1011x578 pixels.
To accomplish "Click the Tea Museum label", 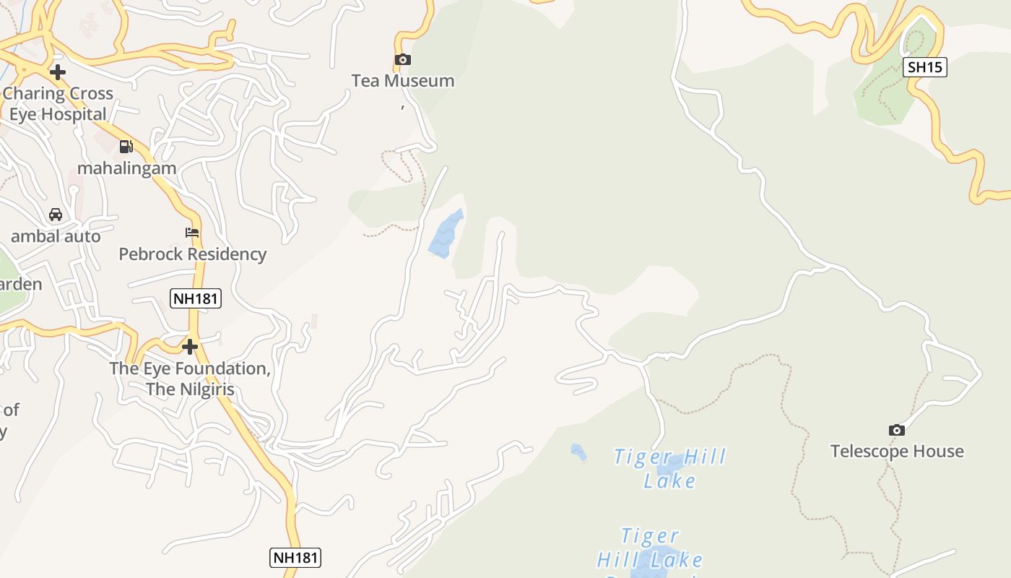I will pyautogui.click(x=403, y=81).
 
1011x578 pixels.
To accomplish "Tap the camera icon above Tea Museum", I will pyautogui.click(x=402, y=60).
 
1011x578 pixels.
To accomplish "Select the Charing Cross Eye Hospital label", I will pyautogui.click(x=58, y=104).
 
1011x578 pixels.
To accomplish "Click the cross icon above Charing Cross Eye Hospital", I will pyautogui.click(x=58, y=72).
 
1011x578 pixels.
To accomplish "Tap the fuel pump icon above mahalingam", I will pyautogui.click(x=126, y=147).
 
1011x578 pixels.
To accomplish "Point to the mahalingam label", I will pyautogui.click(x=126, y=168).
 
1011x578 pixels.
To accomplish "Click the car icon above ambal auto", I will pyautogui.click(x=56, y=215).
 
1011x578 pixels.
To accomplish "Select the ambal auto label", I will pyautogui.click(x=56, y=236).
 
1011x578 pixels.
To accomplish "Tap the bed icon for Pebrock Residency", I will pyautogui.click(x=192, y=233).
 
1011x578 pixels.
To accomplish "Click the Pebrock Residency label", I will pyautogui.click(x=192, y=254).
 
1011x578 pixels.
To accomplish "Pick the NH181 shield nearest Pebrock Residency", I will pyautogui.click(x=195, y=298).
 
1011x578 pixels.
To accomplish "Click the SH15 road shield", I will pyautogui.click(x=925, y=68).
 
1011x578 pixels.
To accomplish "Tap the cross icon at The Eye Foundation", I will pyautogui.click(x=190, y=348).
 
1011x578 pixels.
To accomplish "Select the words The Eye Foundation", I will pyautogui.click(x=190, y=368).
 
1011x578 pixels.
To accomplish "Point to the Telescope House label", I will pyautogui.click(x=897, y=452).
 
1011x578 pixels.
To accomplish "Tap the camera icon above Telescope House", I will pyautogui.click(x=897, y=431).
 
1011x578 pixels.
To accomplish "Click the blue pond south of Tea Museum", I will pyautogui.click(x=446, y=234).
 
